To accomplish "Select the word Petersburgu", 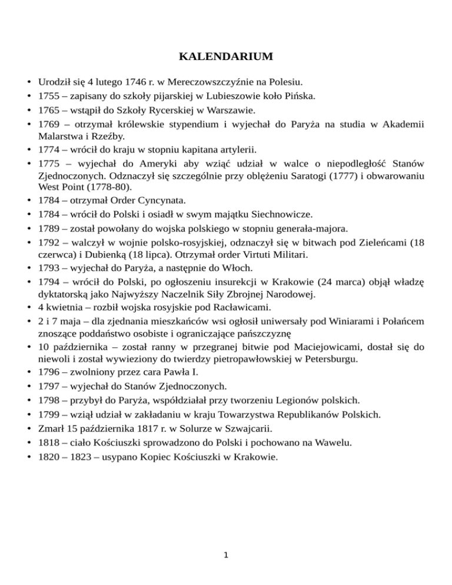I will point(333,360).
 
